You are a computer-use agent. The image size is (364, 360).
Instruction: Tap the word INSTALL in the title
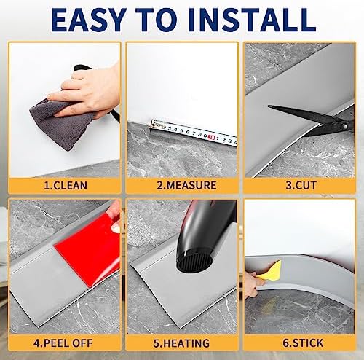click(252, 20)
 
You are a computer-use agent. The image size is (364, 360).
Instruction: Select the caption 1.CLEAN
click(66, 186)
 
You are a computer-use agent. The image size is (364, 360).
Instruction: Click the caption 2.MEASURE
click(186, 185)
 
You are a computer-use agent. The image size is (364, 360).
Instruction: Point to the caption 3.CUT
click(301, 186)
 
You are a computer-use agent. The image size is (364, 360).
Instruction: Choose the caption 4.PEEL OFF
click(63, 343)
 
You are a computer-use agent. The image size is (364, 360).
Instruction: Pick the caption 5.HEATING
click(181, 343)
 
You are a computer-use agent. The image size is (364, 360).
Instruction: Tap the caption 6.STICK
click(303, 343)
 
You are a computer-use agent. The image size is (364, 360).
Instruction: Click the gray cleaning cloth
click(60, 122)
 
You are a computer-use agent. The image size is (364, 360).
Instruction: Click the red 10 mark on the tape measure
click(212, 137)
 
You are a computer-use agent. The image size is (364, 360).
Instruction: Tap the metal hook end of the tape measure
click(154, 124)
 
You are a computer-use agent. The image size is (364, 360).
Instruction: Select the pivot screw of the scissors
click(344, 126)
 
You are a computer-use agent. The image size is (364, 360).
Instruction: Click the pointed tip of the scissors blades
click(269, 106)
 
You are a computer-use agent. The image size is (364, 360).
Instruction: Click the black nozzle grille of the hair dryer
click(194, 262)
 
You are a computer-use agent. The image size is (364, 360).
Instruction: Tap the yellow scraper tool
click(270, 270)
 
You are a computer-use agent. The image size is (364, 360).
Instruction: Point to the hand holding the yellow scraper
click(253, 284)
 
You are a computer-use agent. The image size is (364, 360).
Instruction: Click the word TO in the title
click(158, 20)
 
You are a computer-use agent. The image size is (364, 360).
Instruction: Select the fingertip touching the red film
click(116, 228)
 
